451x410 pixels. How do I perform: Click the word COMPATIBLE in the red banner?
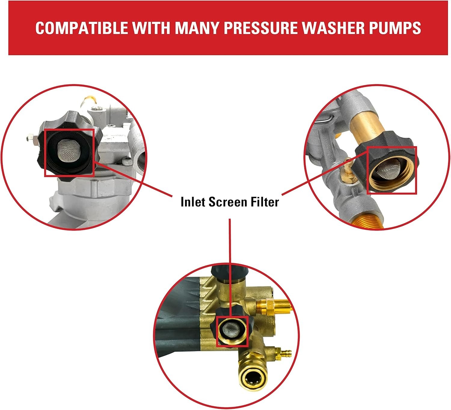pos(82,28)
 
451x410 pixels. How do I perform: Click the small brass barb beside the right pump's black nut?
pos(347,167)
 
